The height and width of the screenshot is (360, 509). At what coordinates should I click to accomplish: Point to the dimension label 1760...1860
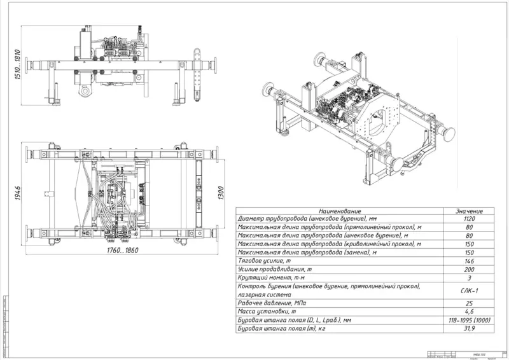point(120,250)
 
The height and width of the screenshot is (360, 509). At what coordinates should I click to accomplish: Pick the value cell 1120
point(470,219)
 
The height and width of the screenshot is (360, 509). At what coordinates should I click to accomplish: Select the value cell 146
point(470,261)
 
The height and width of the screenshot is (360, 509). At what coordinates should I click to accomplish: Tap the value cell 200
point(470,269)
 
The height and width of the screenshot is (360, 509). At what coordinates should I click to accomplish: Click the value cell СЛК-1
point(470,290)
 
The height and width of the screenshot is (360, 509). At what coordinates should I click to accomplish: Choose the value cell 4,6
point(470,311)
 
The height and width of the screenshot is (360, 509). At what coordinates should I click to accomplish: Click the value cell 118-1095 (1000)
point(470,319)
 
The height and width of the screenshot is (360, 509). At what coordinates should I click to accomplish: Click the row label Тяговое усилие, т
point(261,261)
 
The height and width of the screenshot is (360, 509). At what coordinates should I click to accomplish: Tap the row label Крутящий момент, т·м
point(267,277)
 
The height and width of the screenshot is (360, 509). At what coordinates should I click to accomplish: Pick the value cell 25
point(470,303)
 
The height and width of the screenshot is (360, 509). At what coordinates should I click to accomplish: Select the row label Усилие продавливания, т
point(270,269)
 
